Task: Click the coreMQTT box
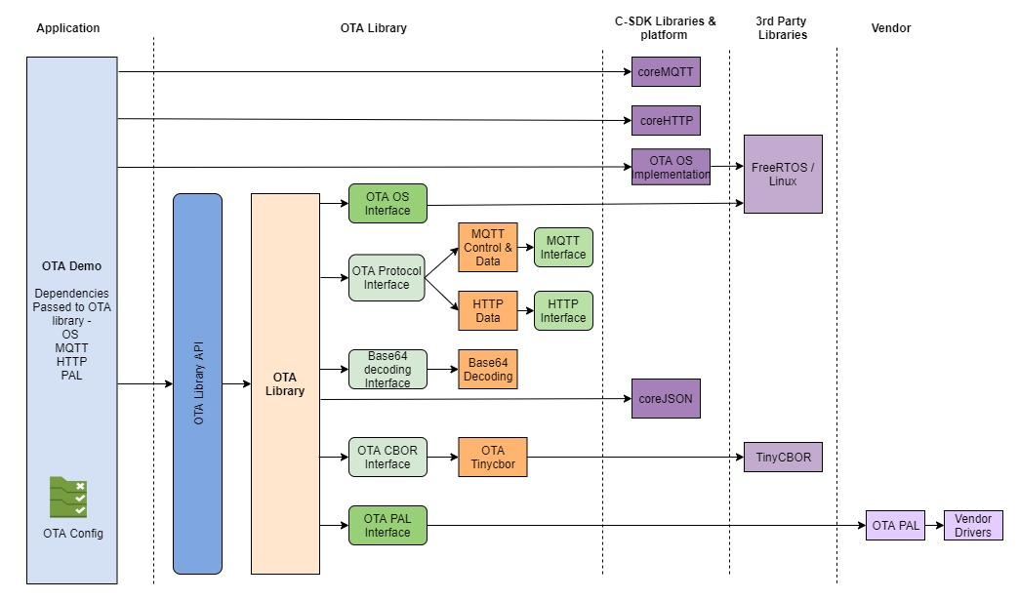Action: [x=666, y=71]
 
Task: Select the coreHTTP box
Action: [x=666, y=120]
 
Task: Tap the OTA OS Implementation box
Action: [x=671, y=167]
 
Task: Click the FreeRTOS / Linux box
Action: [x=783, y=174]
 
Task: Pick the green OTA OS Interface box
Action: [x=387, y=204]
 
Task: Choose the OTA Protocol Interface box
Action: [x=387, y=277]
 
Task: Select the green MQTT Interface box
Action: [x=563, y=247]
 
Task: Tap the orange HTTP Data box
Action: [x=488, y=310]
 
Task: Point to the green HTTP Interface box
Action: [x=563, y=310]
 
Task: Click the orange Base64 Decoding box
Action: [x=488, y=369]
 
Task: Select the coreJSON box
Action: [x=666, y=398]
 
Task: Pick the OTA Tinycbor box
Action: [x=492, y=457]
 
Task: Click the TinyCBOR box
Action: [x=783, y=457]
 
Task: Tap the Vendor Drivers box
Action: [x=972, y=525]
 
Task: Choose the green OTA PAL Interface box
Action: [x=387, y=525]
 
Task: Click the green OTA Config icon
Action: [x=69, y=497]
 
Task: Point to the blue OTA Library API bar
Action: [x=197, y=383]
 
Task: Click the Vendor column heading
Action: [x=890, y=28]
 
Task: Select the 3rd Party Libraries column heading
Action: [x=782, y=28]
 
